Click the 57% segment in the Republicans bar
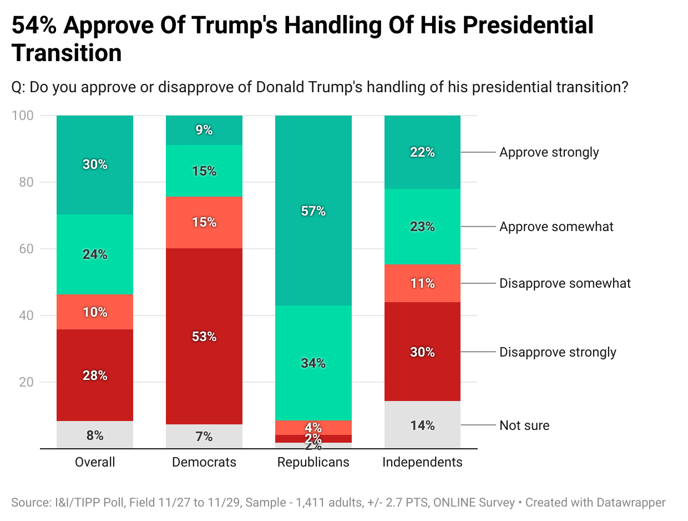click(x=313, y=211)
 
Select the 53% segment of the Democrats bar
click(x=204, y=336)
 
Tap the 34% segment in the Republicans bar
click(x=313, y=363)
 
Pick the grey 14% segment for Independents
click(x=422, y=425)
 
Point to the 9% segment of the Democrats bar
click(x=204, y=130)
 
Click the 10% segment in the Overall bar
click(x=95, y=312)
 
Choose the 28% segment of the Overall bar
click(x=95, y=375)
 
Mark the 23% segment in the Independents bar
click(x=422, y=227)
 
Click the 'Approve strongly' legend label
click(x=549, y=152)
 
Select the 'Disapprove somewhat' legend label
click(x=565, y=283)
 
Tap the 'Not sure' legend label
click(x=524, y=425)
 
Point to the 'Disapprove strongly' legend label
click(x=558, y=352)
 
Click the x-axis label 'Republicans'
click(x=313, y=462)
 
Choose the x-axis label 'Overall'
click(x=95, y=462)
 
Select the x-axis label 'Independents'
click(x=422, y=462)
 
